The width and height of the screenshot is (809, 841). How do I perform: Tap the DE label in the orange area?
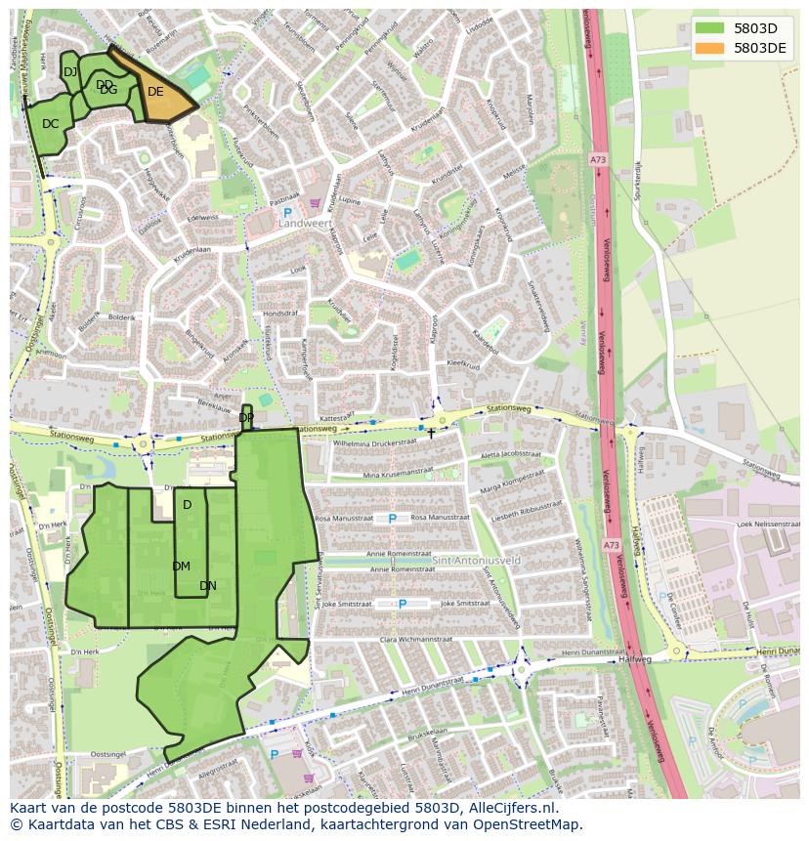155,92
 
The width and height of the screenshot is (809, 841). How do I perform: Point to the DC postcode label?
51,124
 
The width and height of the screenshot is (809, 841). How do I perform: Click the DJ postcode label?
70,72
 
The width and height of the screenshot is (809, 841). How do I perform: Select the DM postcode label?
181,567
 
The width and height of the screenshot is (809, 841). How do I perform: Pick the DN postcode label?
207,586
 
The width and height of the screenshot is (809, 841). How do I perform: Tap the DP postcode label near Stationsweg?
246,418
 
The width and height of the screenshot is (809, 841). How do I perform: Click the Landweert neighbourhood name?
305,223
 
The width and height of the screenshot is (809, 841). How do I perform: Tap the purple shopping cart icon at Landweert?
315,204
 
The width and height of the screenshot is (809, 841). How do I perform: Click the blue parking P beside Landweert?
287,212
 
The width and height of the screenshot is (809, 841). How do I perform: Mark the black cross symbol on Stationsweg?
431,433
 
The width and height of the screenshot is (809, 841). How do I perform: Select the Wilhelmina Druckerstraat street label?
381,443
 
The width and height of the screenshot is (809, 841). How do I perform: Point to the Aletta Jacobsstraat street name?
511,454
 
